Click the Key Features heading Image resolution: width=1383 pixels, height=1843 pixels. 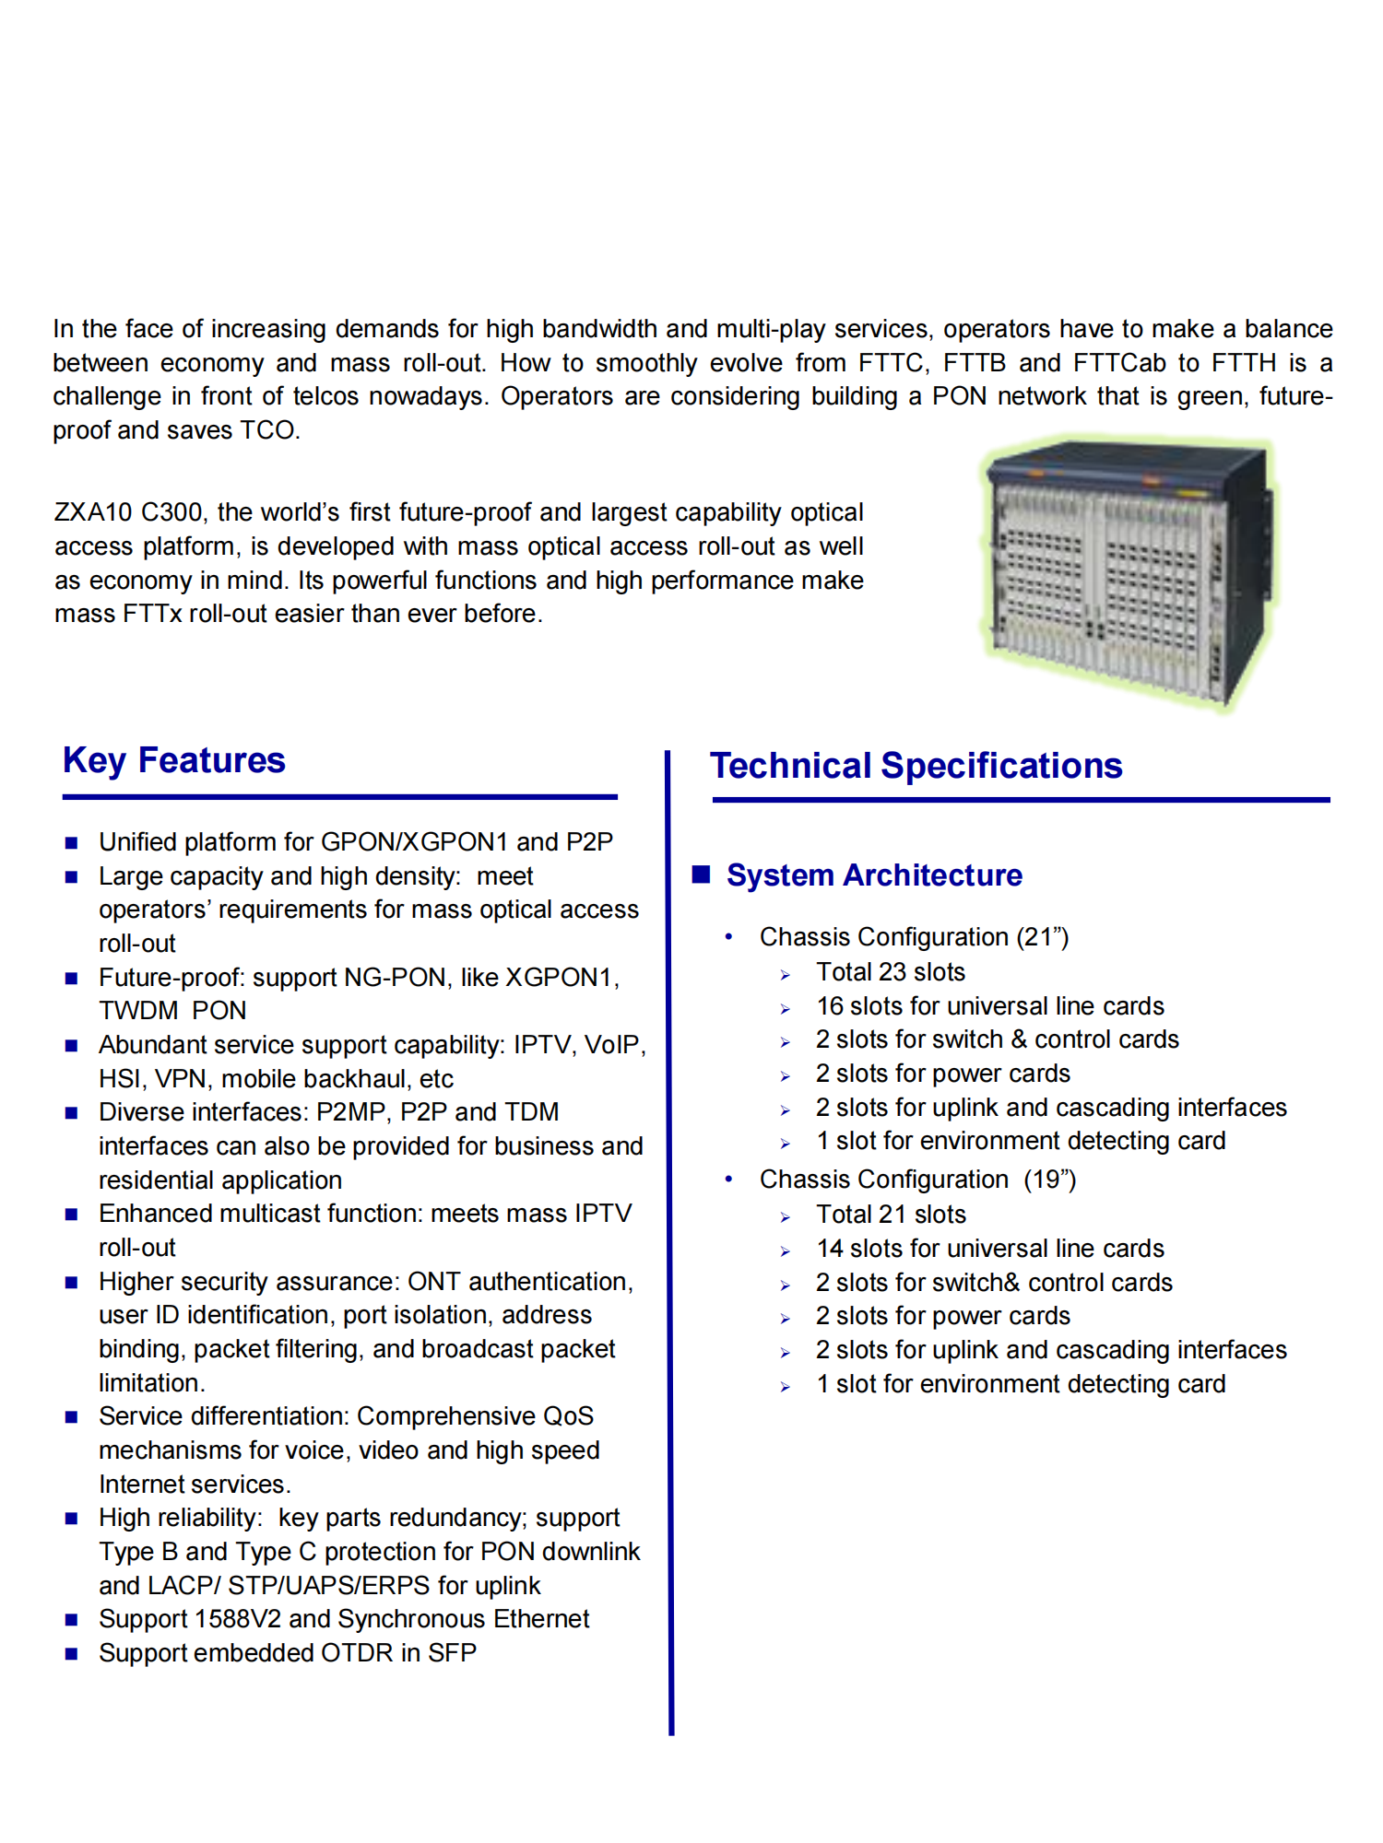[x=174, y=761]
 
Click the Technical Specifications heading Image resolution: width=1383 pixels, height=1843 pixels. [x=916, y=767]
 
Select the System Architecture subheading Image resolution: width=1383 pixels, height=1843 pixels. [x=874, y=875]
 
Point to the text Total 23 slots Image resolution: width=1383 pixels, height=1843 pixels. [x=890, y=972]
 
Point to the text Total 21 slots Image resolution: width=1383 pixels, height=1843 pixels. [x=890, y=1215]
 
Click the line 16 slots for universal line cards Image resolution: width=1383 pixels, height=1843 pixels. [x=989, y=1006]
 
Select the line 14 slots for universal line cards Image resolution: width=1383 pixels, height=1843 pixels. [x=989, y=1249]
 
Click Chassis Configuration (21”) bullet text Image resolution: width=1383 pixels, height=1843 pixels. [x=914, y=937]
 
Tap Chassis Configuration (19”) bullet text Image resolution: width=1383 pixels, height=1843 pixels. [x=917, y=1180]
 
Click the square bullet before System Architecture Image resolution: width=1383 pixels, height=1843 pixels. [x=702, y=875]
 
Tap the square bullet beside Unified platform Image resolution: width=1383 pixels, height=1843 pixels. [x=72, y=842]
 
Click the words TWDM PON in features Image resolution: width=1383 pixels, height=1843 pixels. [x=172, y=1011]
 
